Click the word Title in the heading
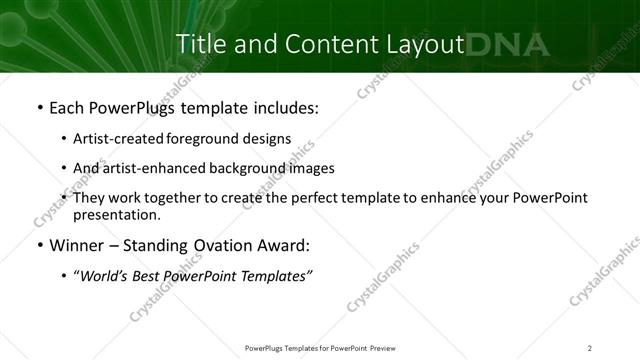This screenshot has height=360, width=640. click(x=200, y=44)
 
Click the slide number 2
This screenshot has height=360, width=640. click(x=590, y=347)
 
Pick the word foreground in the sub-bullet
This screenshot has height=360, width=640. click(x=206, y=139)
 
